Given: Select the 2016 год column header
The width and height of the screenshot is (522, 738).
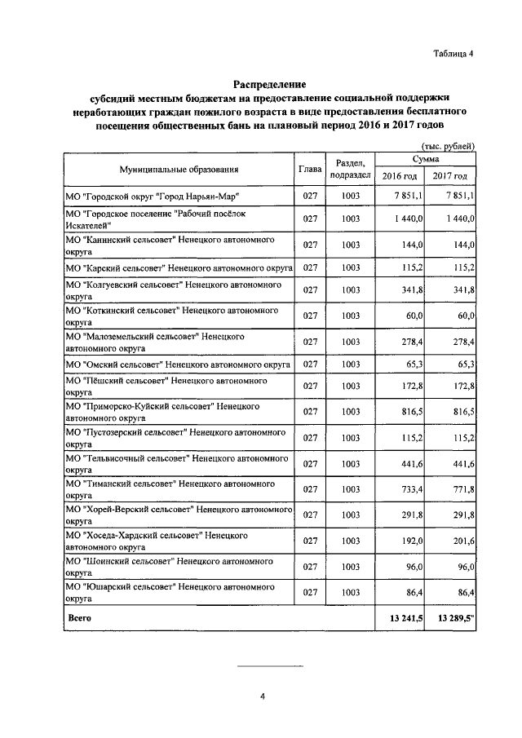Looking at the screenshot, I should click(400, 177).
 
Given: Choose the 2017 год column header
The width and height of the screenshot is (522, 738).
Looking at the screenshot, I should click(450, 177).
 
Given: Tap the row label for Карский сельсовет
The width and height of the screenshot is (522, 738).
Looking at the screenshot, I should click(178, 267).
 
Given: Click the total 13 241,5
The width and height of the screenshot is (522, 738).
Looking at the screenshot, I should click(400, 619).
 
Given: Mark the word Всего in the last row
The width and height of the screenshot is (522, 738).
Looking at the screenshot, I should click(79, 619).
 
